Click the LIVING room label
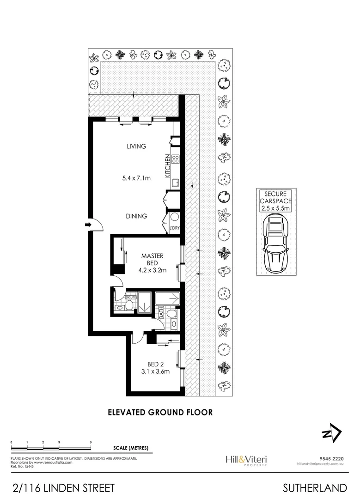pyautogui.click(x=136, y=146)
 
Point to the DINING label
pyautogui.click(x=136, y=216)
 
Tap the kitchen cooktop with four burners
pyautogui.click(x=176, y=159)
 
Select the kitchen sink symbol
pyautogui.click(x=176, y=183)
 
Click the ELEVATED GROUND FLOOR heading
pyautogui.click(x=160, y=412)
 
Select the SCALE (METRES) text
pyautogui.click(x=131, y=448)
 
